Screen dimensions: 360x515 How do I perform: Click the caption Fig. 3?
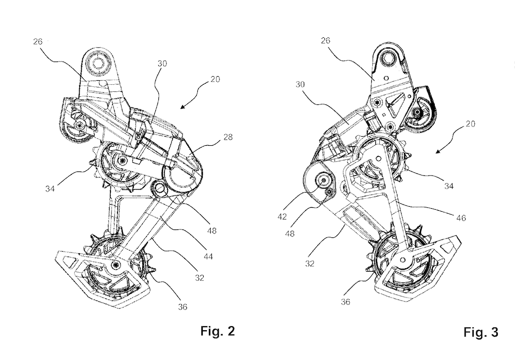480,333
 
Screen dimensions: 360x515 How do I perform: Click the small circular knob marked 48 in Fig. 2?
160,190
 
